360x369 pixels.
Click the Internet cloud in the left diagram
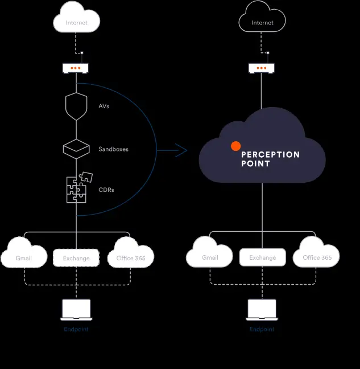[77, 22]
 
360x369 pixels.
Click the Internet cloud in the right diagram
[262, 22]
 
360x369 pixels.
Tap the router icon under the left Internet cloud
[76, 68]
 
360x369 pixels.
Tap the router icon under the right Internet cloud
[262, 68]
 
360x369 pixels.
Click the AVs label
[104, 106]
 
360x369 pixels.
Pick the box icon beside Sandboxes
[76, 148]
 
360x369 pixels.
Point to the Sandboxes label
[113, 149]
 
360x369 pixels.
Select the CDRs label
[106, 190]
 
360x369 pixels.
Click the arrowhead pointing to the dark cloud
[182, 150]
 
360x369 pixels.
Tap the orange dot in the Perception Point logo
[235, 146]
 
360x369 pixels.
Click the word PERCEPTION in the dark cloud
[270, 154]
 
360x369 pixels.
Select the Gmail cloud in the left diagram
[24, 257]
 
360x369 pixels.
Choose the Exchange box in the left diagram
[76, 258]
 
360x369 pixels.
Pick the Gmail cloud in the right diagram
[210, 257]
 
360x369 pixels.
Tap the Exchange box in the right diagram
[262, 257]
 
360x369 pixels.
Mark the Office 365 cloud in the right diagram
[317, 257]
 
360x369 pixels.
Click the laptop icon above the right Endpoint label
[262, 309]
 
